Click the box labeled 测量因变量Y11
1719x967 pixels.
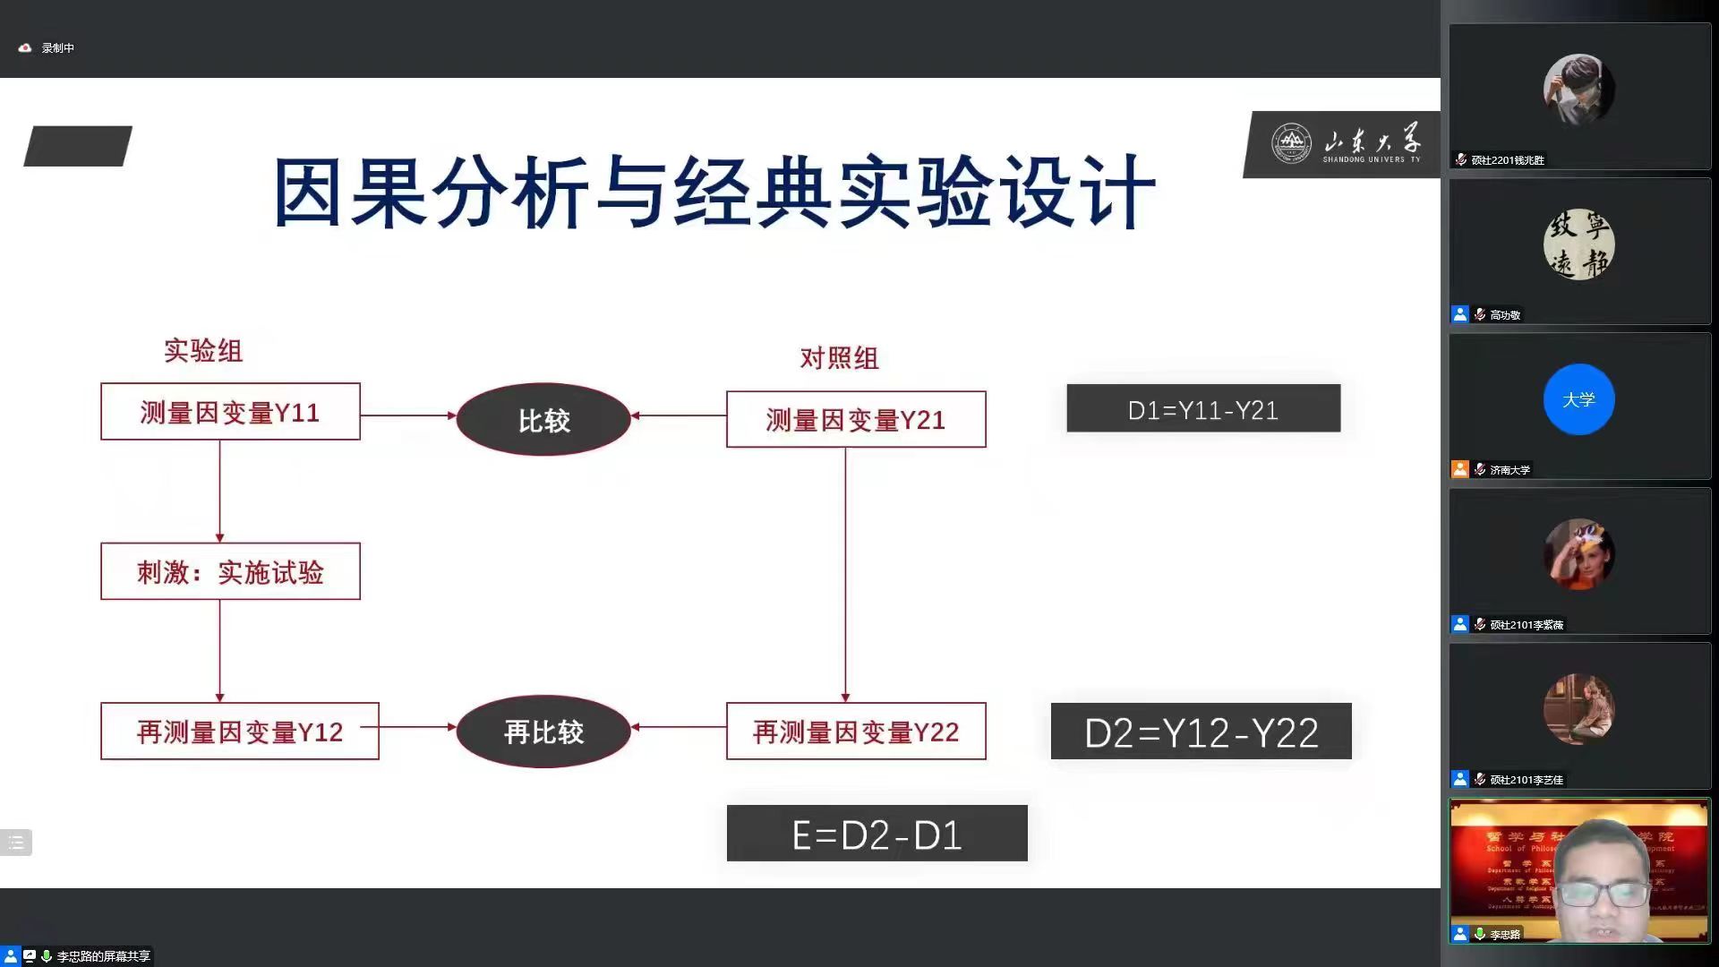pyautogui.click(x=230, y=412)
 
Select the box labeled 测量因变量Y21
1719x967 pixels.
pyautogui.click(x=855, y=419)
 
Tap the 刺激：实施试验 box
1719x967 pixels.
pyautogui.click(x=230, y=571)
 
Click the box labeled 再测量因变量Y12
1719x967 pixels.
pyautogui.click(x=239, y=732)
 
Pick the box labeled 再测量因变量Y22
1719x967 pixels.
pyautogui.click(x=855, y=732)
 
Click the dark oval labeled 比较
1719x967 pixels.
pyautogui.click(x=543, y=419)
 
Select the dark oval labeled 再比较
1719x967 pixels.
pyautogui.click(x=543, y=732)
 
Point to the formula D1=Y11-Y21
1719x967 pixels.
pyautogui.click(x=1202, y=409)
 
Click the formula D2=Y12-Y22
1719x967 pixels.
pyautogui.click(x=1201, y=732)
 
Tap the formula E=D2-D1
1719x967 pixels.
pyautogui.click(x=877, y=834)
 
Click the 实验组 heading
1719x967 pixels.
pyautogui.click(x=203, y=350)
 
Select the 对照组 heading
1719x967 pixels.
pyautogui.click(x=839, y=358)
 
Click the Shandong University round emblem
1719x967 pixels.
pyautogui.click(x=1291, y=143)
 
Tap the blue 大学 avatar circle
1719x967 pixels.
pyautogui.click(x=1578, y=399)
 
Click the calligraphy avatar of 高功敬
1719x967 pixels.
pyautogui.click(x=1578, y=244)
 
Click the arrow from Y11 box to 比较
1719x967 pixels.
pyautogui.click(x=408, y=415)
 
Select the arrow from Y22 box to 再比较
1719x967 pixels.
pyautogui.click(x=679, y=727)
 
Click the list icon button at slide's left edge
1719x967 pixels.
pyautogui.click(x=16, y=843)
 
